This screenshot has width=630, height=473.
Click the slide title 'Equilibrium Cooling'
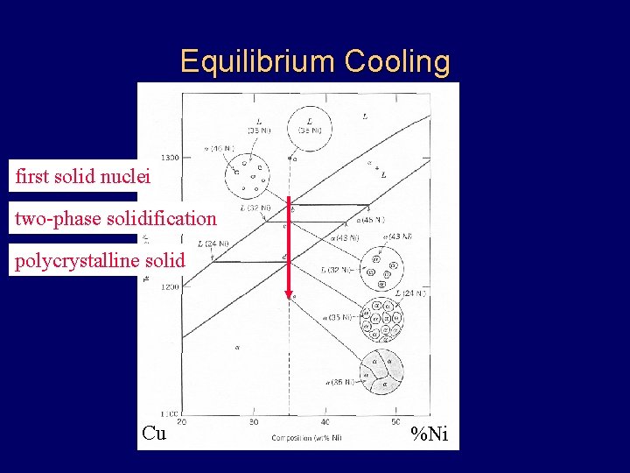315,62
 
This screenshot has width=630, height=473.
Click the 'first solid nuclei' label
83,177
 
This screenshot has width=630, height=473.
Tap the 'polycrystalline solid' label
100,260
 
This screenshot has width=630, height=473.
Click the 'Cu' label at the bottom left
154,433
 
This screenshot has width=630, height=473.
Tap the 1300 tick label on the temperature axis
169,158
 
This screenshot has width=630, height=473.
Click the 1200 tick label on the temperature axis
169,286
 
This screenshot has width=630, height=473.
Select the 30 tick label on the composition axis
254,422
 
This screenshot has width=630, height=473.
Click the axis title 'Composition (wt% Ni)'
306,437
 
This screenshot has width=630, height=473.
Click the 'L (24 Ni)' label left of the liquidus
213,244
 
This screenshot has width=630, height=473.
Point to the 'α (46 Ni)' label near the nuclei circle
218,149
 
